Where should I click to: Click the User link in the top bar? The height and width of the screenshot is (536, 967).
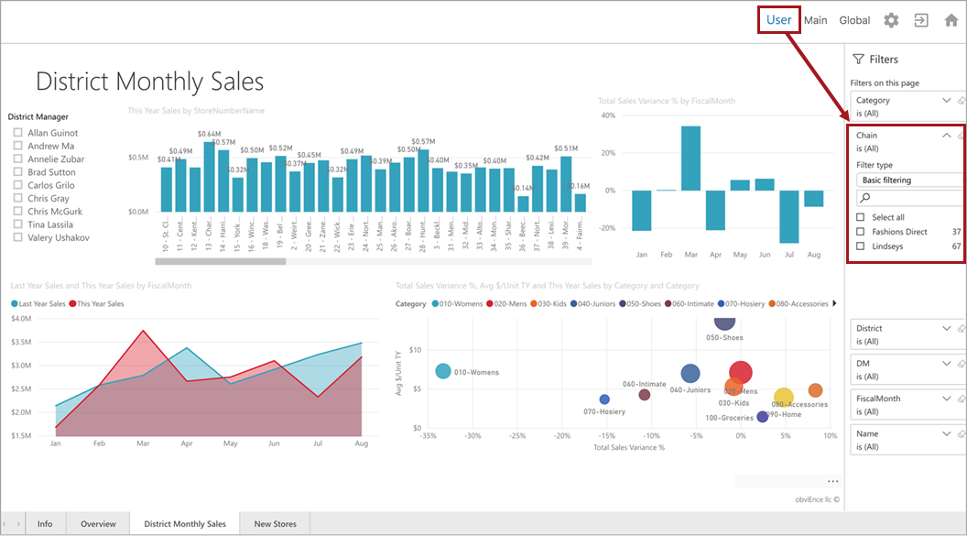click(x=779, y=20)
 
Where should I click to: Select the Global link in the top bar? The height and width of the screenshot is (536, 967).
click(x=854, y=20)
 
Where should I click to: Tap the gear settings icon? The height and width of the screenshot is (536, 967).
click(x=891, y=20)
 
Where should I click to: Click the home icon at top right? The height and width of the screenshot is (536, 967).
click(x=951, y=20)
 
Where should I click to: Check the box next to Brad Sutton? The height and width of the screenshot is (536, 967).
click(x=17, y=172)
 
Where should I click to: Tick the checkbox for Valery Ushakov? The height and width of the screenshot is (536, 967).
click(x=17, y=237)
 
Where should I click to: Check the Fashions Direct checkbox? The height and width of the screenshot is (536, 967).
click(x=860, y=232)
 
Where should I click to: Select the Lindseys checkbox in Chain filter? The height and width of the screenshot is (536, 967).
click(x=860, y=246)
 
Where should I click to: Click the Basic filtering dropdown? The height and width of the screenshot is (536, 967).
click(x=908, y=180)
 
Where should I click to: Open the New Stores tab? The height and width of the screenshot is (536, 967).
click(x=275, y=524)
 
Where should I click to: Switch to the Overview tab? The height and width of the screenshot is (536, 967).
click(x=98, y=524)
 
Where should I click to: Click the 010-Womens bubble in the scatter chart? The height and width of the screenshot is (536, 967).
click(x=443, y=371)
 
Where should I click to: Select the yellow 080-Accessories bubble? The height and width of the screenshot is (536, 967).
click(x=783, y=397)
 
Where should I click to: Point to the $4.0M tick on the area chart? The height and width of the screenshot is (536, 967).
click(x=23, y=319)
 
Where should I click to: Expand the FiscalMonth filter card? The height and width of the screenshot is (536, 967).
click(x=947, y=399)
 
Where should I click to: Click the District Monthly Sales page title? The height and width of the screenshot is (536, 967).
click(x=149, y=82)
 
